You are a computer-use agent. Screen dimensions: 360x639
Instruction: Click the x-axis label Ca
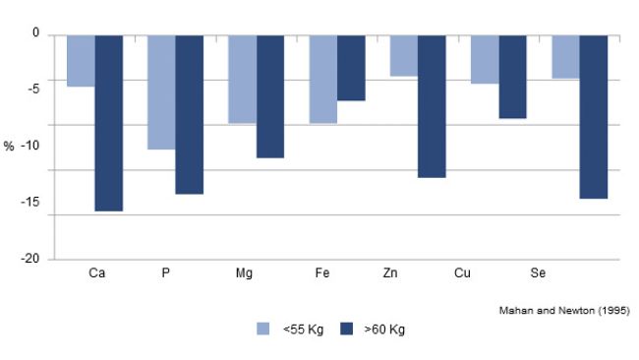(x=96, y=271)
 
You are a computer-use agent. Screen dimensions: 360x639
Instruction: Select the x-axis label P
(x=165, y=271)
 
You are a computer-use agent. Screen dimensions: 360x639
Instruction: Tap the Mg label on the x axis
(x=244, y=271)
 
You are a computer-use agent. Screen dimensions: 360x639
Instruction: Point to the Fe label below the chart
(x=321, y=271)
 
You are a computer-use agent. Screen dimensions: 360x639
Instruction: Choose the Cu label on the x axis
(x=462, y=271)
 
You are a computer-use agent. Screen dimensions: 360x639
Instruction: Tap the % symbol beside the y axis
(x=8, y=146)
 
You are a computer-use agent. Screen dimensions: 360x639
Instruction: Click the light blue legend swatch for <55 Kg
(x=262, y=330)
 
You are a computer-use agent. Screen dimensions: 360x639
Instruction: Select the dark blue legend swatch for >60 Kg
(x=347, y=330)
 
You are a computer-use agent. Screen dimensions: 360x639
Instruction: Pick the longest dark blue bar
(x=108, y=123)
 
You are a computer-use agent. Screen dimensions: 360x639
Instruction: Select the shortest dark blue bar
(x=351, y=68)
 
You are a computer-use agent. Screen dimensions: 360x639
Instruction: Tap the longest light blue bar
(x=161, y=92)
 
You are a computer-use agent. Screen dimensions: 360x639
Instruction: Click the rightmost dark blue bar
(x=593, y=117)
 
